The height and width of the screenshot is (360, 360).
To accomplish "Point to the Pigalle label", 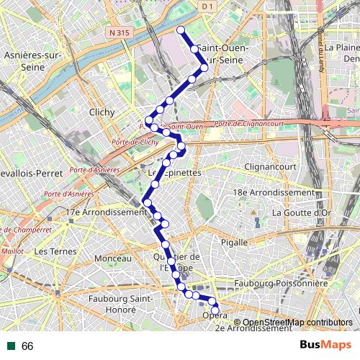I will tap(234, 242).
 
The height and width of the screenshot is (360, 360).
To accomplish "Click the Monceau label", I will tap(113, 258).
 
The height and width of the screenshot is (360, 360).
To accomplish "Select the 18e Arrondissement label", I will tap(274, 193).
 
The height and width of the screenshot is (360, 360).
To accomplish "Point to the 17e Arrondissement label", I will tap(106, 212).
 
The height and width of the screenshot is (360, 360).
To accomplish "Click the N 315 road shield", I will tap(121, 32).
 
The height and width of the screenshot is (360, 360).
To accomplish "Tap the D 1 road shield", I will tap(207, 6).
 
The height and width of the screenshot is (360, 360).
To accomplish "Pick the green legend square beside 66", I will tap(11, 346).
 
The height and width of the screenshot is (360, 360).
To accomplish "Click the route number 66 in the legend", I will tap(27, 346).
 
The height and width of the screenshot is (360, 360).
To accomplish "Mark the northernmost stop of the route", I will tap(181, 30).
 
